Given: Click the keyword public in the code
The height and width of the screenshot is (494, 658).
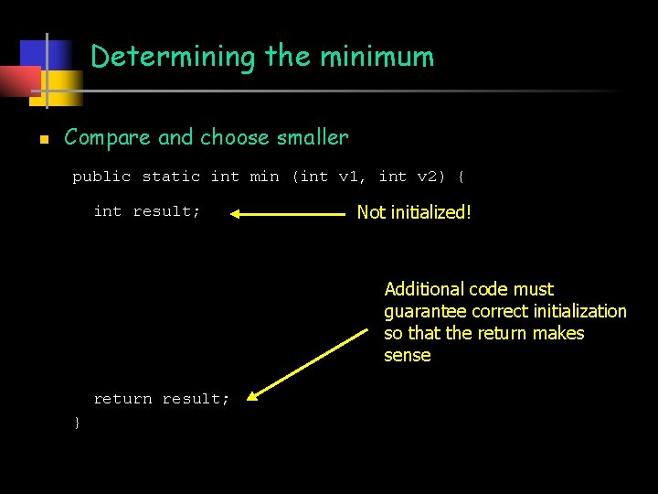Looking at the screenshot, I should pyautogui.click(x=101, y=177).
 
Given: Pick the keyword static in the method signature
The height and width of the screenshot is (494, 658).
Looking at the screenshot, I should pyautogui.click(x=171, y=177).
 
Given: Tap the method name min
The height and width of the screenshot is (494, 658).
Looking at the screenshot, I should pyautogui.click(x=264, y=177).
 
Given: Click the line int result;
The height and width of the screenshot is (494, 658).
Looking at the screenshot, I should pyautogui.click(x=146, y=211).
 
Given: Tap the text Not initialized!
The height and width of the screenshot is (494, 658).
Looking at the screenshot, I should pyautogui.click(x=414, y=212).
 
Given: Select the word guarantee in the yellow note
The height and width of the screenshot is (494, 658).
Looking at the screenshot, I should pyautogui.click(x=423, y=311).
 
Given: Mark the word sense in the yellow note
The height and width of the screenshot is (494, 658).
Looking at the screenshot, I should pyautogui.click(x=407, y=355).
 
